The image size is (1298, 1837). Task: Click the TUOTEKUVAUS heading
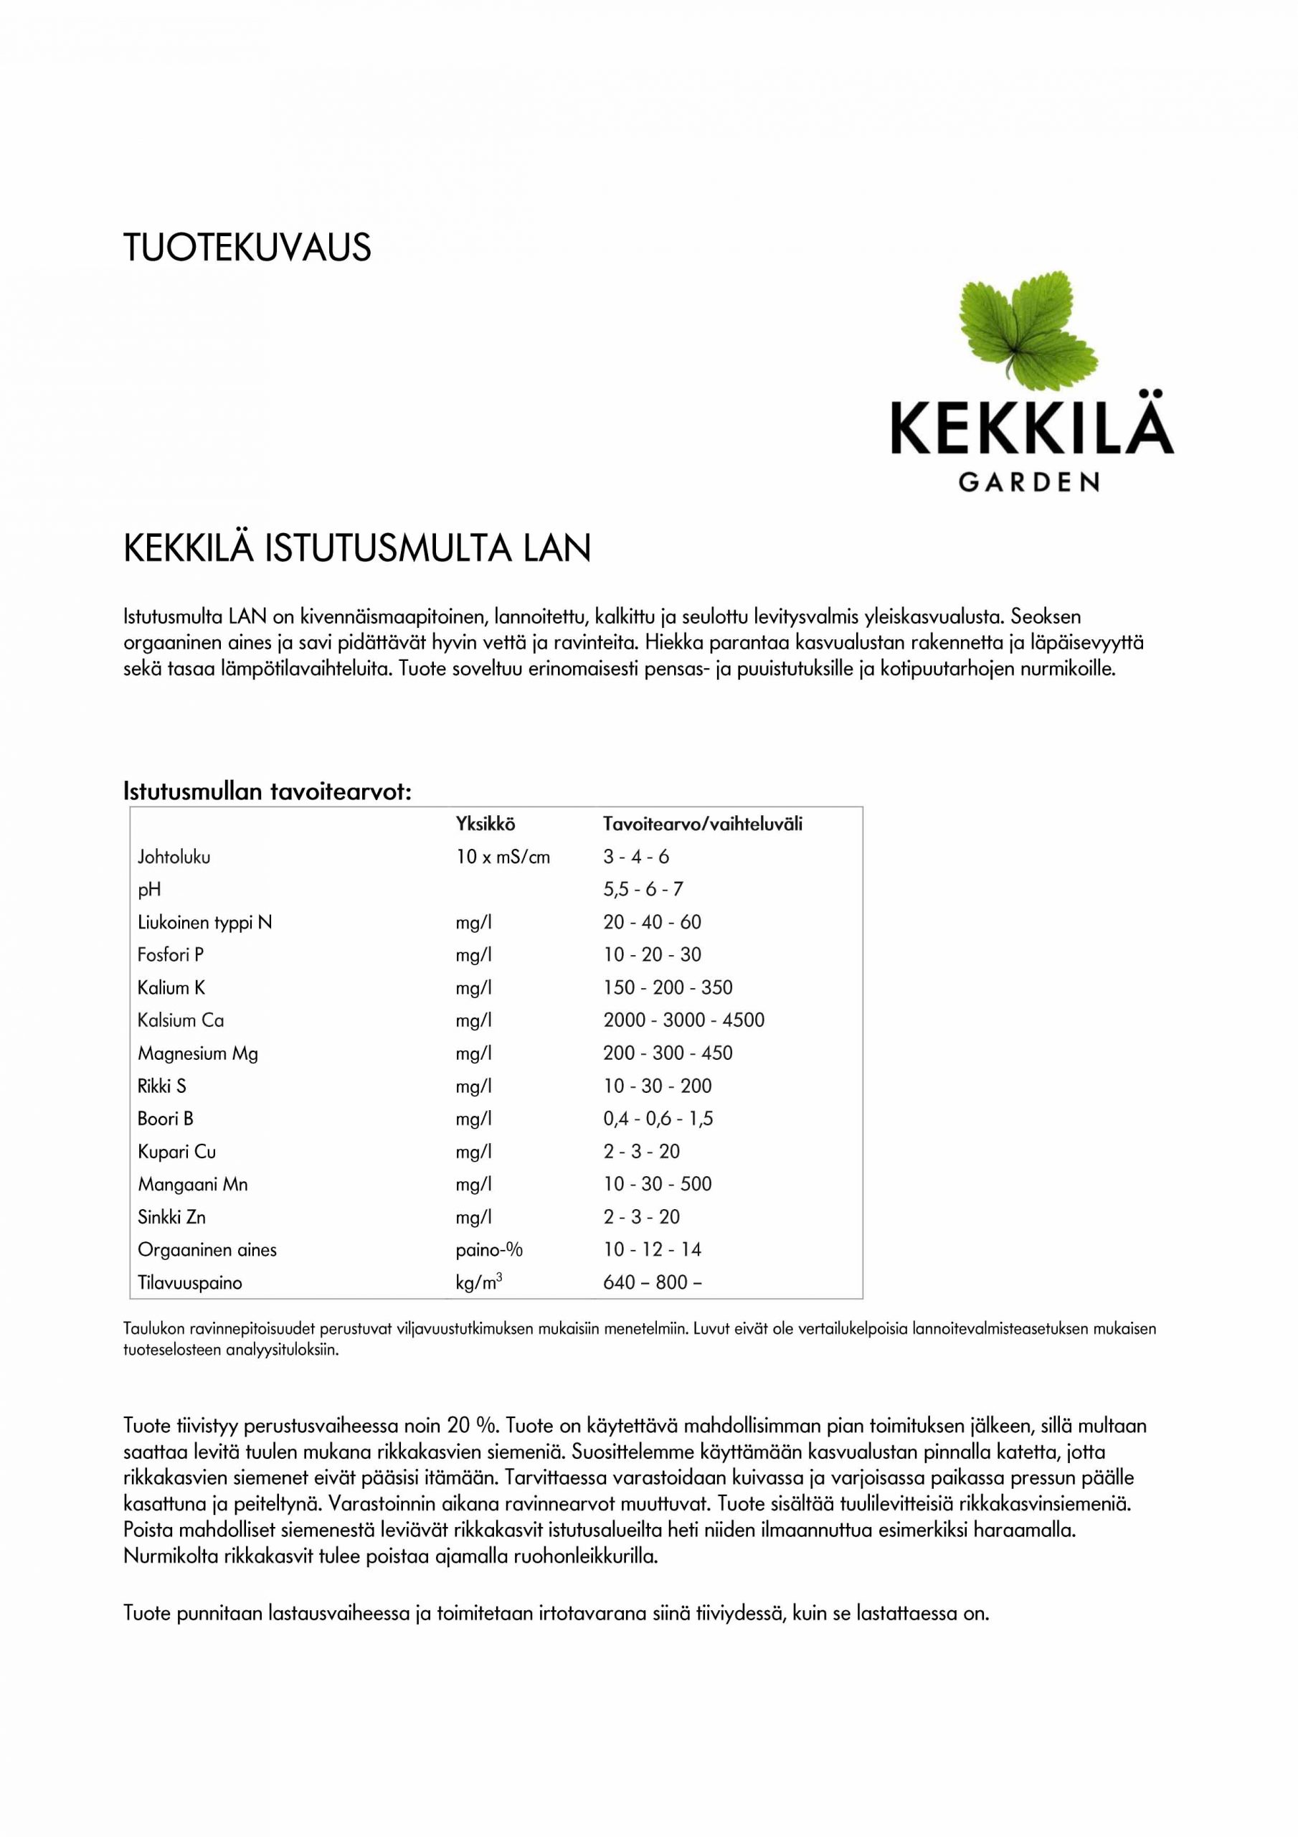tap(247, 248)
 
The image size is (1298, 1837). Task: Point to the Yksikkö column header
tap(485, 824)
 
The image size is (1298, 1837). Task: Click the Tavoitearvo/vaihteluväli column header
tap(702, 824)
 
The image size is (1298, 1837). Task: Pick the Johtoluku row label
tap(174, 857)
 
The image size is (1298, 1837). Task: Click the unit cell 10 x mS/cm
tap(503, 857)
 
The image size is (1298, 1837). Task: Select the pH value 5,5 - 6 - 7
tap(643, 890)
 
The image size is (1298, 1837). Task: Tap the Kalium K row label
tap(171, 988)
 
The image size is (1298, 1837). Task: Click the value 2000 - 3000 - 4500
tap(684, 1020)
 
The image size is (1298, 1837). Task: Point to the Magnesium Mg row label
tap(197, 1053)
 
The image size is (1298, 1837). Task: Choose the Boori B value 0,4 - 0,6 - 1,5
tap(658, 1119)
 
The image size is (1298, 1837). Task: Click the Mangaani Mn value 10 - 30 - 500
tap(658, 1184)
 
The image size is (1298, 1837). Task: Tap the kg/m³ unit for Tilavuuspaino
tap(478, 1282)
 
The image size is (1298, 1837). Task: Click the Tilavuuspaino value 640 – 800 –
tap(653, 1282)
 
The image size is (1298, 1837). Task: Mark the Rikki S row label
tap(161, 1086)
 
